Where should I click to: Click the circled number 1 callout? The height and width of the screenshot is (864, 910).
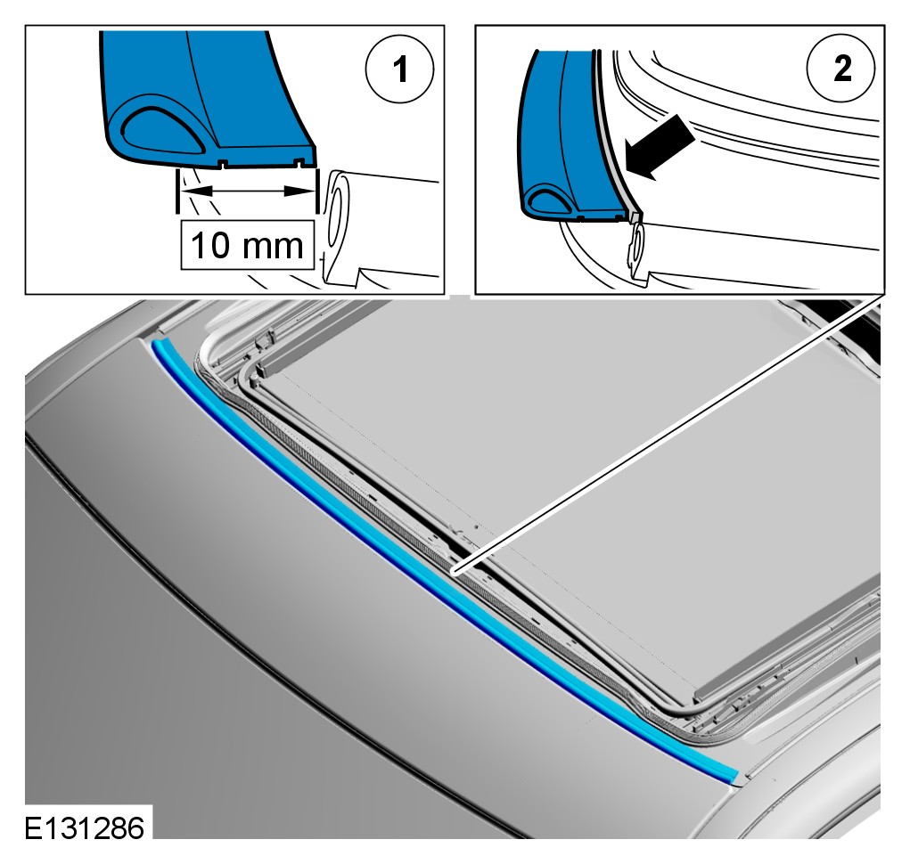pos(399,69)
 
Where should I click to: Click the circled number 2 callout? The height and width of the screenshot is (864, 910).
pos(841,69)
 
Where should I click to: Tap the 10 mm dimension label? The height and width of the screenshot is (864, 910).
pos(247,245)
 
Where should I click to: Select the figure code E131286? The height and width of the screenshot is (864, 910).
pos(85,827)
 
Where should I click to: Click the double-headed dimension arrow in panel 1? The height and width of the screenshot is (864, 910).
pos(247,191)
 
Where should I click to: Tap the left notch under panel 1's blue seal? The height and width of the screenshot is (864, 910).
pos(222,166)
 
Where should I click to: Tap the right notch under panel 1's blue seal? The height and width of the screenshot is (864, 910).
pos(299,165)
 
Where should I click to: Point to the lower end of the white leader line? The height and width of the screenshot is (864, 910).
pos(455,574)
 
